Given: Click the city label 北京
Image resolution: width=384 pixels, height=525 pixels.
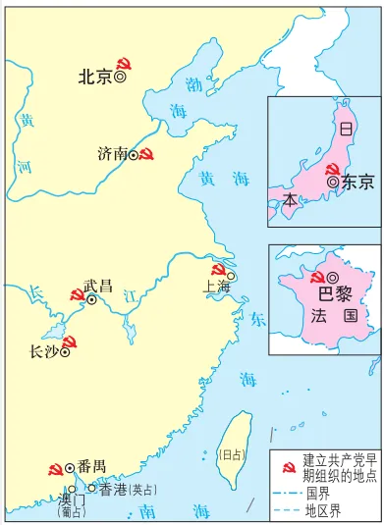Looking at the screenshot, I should point(94,76).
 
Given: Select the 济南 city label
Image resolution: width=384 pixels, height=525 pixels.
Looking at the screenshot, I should point(112,154).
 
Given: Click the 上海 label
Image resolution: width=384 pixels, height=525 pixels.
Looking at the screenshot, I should point(216,260).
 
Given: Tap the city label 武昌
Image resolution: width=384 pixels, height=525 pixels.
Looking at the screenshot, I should point(97,259).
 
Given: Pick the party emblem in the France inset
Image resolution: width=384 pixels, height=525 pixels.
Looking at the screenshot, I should point(318,251).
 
